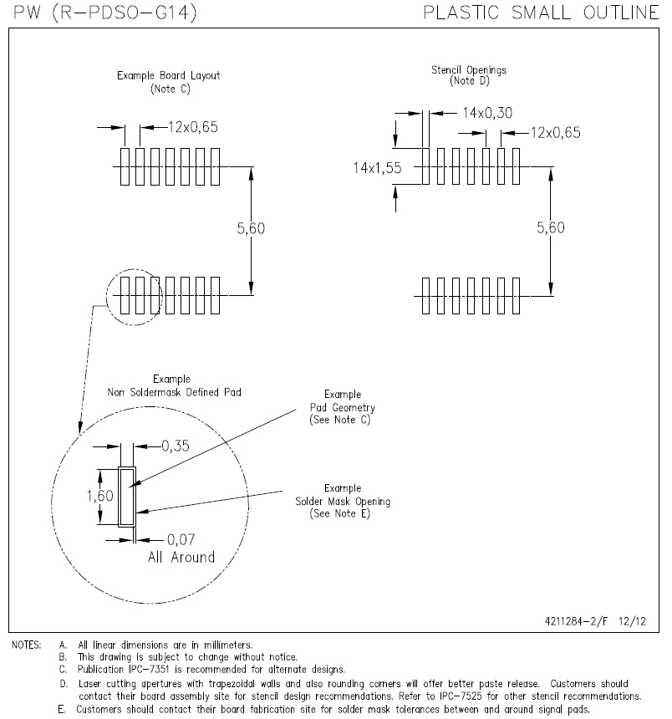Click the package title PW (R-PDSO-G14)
pos(99,13)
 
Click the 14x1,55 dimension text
pos(377,167)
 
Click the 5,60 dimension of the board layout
pos(252,228)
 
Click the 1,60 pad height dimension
pos(84,496)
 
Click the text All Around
pos(181,557)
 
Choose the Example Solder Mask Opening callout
pos(343,501)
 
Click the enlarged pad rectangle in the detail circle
pos(127,497)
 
